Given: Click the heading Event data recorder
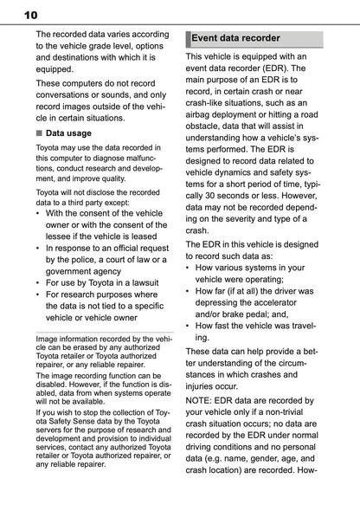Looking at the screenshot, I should coord(235,38).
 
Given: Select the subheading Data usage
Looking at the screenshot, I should coord(68,133).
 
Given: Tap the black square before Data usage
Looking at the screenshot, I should coord(39,134).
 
